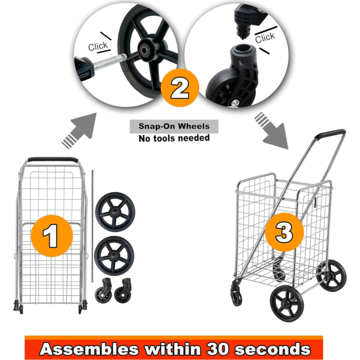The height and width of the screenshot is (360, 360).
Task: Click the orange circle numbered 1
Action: [x=52, y=236]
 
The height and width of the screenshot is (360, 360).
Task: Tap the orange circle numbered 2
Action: [x=180, y=88]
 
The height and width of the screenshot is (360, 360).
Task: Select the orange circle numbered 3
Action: [x=284, y=232]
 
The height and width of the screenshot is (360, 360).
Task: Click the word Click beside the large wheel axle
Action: [x=98, y=46]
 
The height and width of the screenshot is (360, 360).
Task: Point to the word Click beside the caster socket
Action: [x=265, y=37]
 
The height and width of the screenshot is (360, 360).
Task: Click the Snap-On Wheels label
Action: [x=174, y=126]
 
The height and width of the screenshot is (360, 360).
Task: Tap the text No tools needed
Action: [x=174, y=138]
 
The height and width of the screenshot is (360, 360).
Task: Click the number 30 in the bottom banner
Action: [x=218, y=349]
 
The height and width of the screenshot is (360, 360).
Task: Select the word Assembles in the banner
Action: [x=89, y=349]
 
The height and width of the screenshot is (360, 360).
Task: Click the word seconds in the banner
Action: [x=272, y=349]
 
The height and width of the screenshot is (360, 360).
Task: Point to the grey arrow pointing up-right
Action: [x=79, y=130]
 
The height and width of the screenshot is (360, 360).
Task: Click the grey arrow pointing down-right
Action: [x=271, y=130]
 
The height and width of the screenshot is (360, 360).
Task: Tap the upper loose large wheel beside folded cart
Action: [x=115, y=212]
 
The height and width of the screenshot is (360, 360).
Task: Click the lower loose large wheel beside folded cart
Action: [x=114, y=256]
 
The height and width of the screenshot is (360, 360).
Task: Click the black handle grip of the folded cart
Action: [x=53, y=160]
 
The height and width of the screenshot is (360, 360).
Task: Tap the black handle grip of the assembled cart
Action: [x=330, y=134]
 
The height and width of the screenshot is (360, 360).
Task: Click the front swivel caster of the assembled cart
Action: [x=236, y=293]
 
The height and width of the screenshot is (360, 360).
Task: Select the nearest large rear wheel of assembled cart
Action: [x=287, y=304]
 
